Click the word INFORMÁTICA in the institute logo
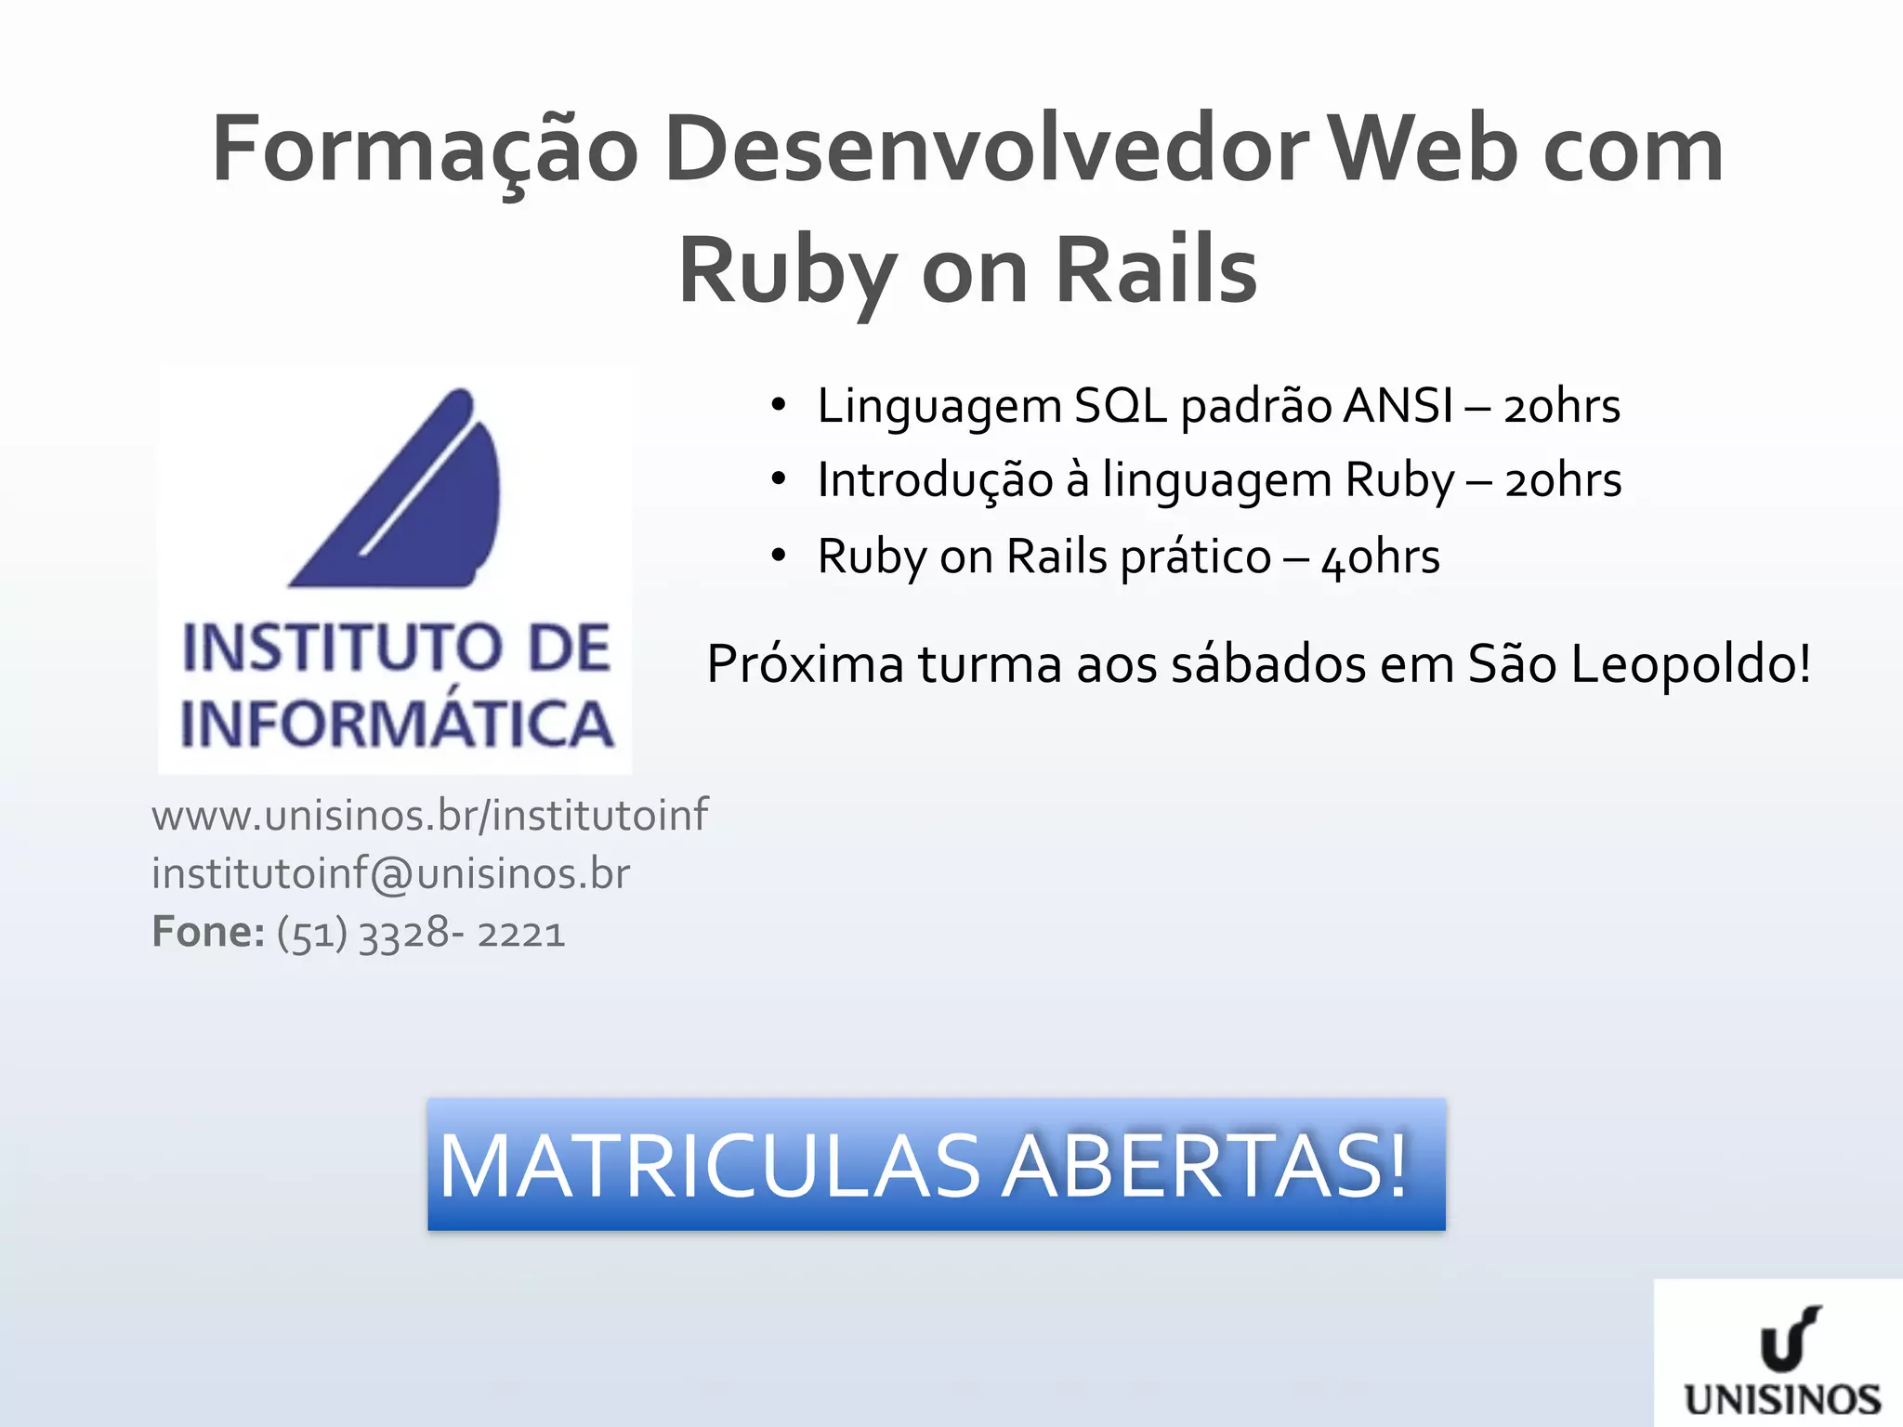[397, 724]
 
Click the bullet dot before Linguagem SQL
[779, 405]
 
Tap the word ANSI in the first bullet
[1398, 406]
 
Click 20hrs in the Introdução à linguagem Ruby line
[1563, 481]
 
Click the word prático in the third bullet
[1195, 557]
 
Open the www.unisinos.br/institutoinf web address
[429, 815]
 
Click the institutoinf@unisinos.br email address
[390, 873]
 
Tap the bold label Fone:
[208, 932]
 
